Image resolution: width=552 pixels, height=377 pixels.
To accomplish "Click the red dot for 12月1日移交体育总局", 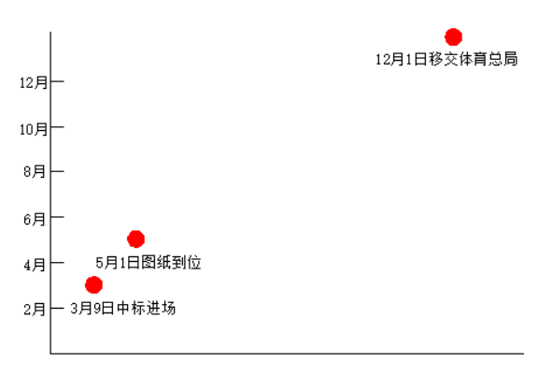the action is point(453,37).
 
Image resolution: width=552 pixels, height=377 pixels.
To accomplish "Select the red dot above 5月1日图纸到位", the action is point(135,239).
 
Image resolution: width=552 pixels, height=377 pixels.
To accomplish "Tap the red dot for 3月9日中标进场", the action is point(93,284).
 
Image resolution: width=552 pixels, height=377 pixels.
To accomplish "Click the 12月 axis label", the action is point(34,83).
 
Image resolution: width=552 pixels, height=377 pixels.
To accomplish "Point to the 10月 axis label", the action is point(34,129).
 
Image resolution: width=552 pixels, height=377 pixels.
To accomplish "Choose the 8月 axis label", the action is point(35,172).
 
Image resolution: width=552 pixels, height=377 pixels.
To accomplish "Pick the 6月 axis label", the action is point(35,219).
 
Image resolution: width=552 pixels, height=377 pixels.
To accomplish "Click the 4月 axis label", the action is point(35,265).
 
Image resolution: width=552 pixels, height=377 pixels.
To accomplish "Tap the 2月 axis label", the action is point(35,310).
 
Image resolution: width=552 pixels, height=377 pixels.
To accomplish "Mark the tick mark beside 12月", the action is point(57,81).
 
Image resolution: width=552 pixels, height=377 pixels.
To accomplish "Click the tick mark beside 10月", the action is point(57,126).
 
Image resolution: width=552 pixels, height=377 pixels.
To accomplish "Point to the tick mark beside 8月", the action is point(57,171).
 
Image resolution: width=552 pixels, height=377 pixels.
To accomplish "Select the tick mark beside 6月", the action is point(57,216).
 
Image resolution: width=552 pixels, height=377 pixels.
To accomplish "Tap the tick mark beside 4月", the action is point(57,262).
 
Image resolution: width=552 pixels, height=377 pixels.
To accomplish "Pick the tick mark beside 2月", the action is point(57,308).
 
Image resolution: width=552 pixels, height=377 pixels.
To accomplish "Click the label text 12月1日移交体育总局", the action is point(446,59).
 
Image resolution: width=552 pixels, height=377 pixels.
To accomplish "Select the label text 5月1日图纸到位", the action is point(149,262).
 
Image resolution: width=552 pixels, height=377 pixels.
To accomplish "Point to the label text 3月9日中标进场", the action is point(123,308).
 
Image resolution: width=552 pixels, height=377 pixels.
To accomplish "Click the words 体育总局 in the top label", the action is point(488,59).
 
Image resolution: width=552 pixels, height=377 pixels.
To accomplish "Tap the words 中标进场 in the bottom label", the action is point(146,308).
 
